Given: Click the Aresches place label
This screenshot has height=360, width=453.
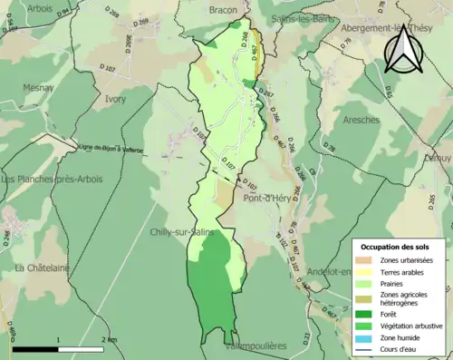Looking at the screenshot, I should pos(361,119).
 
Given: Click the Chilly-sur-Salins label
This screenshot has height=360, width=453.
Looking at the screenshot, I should pos(181,233).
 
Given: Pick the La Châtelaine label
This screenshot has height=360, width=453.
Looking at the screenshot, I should pos(43,268).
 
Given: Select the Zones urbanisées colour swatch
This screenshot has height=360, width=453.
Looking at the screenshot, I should pos(366,261).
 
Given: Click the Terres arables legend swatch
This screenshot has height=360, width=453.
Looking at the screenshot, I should pos(366,272).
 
